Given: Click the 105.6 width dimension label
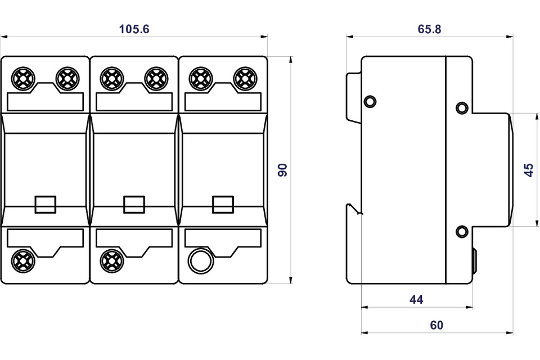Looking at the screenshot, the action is tap(134, 29).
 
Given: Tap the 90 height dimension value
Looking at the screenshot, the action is tap(282, 170).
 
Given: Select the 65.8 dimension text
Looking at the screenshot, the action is tap(429, 29).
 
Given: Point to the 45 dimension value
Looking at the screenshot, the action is tap(529, 170).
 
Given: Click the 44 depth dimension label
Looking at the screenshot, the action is tap(416, 299).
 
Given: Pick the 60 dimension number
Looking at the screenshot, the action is tap(436, 325).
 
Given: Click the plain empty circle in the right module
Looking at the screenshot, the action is tap(201, 261).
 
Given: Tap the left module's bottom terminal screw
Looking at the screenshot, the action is tap(23, 261).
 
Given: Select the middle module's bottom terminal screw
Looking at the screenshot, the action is tap(112, 261).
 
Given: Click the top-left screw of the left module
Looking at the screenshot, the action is tap(23, 79).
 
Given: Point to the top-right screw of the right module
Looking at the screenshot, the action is tap(245, 79).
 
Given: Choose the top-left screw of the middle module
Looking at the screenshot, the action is tap(112, 79).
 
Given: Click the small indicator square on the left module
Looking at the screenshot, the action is tap(46, 204).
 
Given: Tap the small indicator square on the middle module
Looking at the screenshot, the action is tap(134, 204).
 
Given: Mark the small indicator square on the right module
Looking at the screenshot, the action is tap(223, 204).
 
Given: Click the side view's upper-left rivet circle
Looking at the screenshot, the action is tap(370, 101).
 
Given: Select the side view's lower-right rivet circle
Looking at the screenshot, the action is tap(462, 231).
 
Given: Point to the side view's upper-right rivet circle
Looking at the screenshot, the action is tap(462, 108).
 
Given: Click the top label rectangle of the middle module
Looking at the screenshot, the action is tap(134, 102).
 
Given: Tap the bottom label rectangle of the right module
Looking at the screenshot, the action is tap(223, 238).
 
